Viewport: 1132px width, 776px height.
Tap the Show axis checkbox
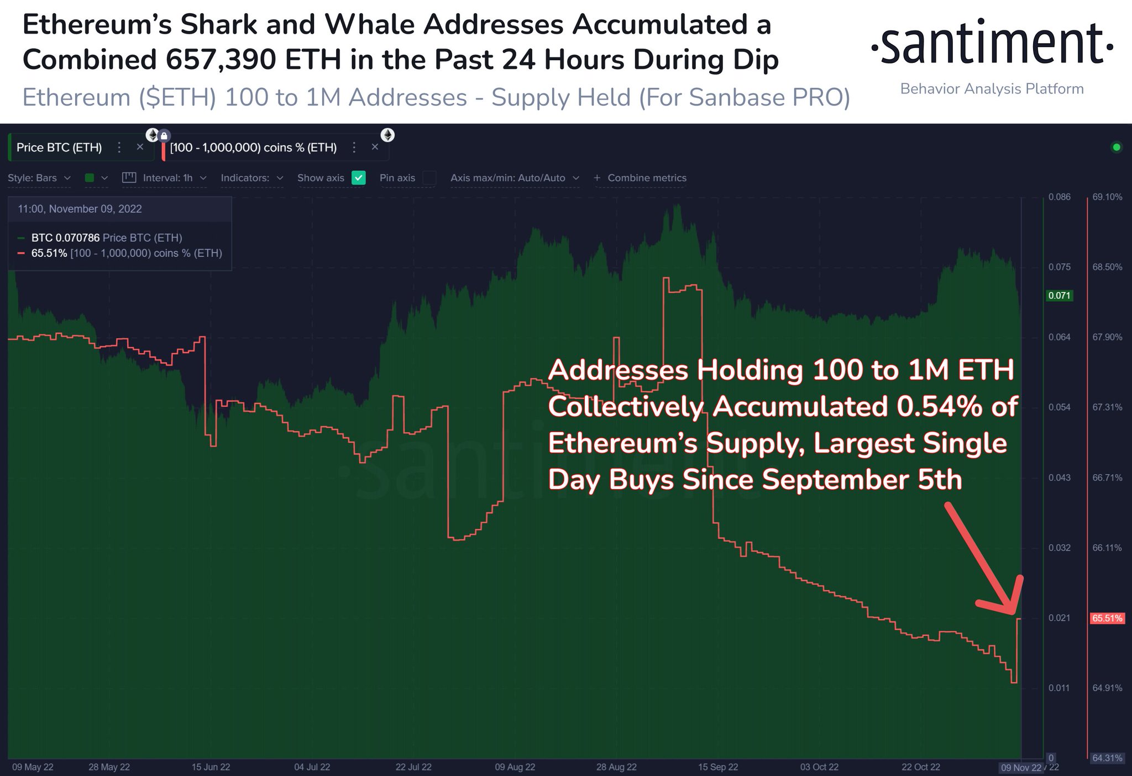click(359, 178)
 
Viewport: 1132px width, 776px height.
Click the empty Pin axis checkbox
click(429, 178)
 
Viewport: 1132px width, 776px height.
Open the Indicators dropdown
click(251, 178)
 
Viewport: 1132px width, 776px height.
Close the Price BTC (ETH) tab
click(140, 147)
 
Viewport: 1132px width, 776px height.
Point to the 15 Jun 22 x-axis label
click(211, 767)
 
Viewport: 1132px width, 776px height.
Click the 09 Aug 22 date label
click(515, 767)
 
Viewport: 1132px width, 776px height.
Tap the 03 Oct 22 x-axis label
click(819, 767)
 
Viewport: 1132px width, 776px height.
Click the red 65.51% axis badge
click(1107, 618)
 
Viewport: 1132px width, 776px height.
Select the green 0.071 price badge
click(1059, 296)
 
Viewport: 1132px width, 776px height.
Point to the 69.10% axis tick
click(1107, 197)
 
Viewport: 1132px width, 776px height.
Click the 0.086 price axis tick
click(1059, 197)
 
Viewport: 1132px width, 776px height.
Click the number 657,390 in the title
click(221, 60)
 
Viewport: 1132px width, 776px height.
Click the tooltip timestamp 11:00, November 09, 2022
click(80, 209)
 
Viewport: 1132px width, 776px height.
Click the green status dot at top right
click(1117, 148)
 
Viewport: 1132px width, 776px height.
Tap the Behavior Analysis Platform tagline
click(992, 89)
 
